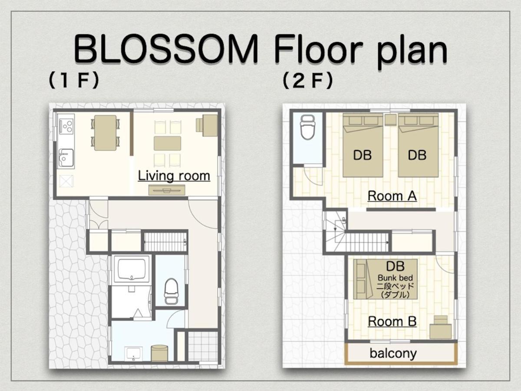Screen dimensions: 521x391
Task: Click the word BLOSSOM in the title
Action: click(x=166, y=49)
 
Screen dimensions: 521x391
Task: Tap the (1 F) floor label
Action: click(x=74, y=80)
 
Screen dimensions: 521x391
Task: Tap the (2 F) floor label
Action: click(x=308, y=81)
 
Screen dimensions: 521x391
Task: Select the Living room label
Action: click(x=174, y=176)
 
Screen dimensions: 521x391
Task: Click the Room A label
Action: click(x=392, y=196)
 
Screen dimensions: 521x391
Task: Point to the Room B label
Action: click(x=392, y=321)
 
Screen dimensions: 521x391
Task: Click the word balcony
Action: click(x=393, y=354)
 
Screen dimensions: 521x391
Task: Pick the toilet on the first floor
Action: click(x=171, y=291)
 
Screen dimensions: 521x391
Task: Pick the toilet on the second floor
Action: click(x=308, y=127)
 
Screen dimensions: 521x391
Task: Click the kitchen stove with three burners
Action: click(x=66, y=126)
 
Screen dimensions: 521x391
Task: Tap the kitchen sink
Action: click(x=66, y=158)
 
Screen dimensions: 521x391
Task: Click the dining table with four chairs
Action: click(x=106, y=133)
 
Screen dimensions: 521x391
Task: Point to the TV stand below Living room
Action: click(x=167, y=190)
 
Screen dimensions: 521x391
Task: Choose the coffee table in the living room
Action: click(x=167, y=143)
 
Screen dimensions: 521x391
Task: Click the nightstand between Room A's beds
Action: click(x=390, y=120)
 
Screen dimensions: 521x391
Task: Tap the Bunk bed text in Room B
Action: click(x=395, y=278)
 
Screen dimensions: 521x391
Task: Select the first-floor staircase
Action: click(x=165, y=242)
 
